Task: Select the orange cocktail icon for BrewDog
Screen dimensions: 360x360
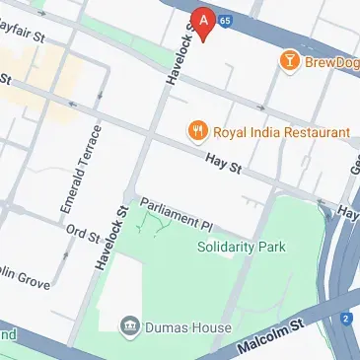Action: (x=290, y=61)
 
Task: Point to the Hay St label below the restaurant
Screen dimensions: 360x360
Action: (x=224, y=164)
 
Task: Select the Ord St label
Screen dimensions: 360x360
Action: (x=82, y=235)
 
